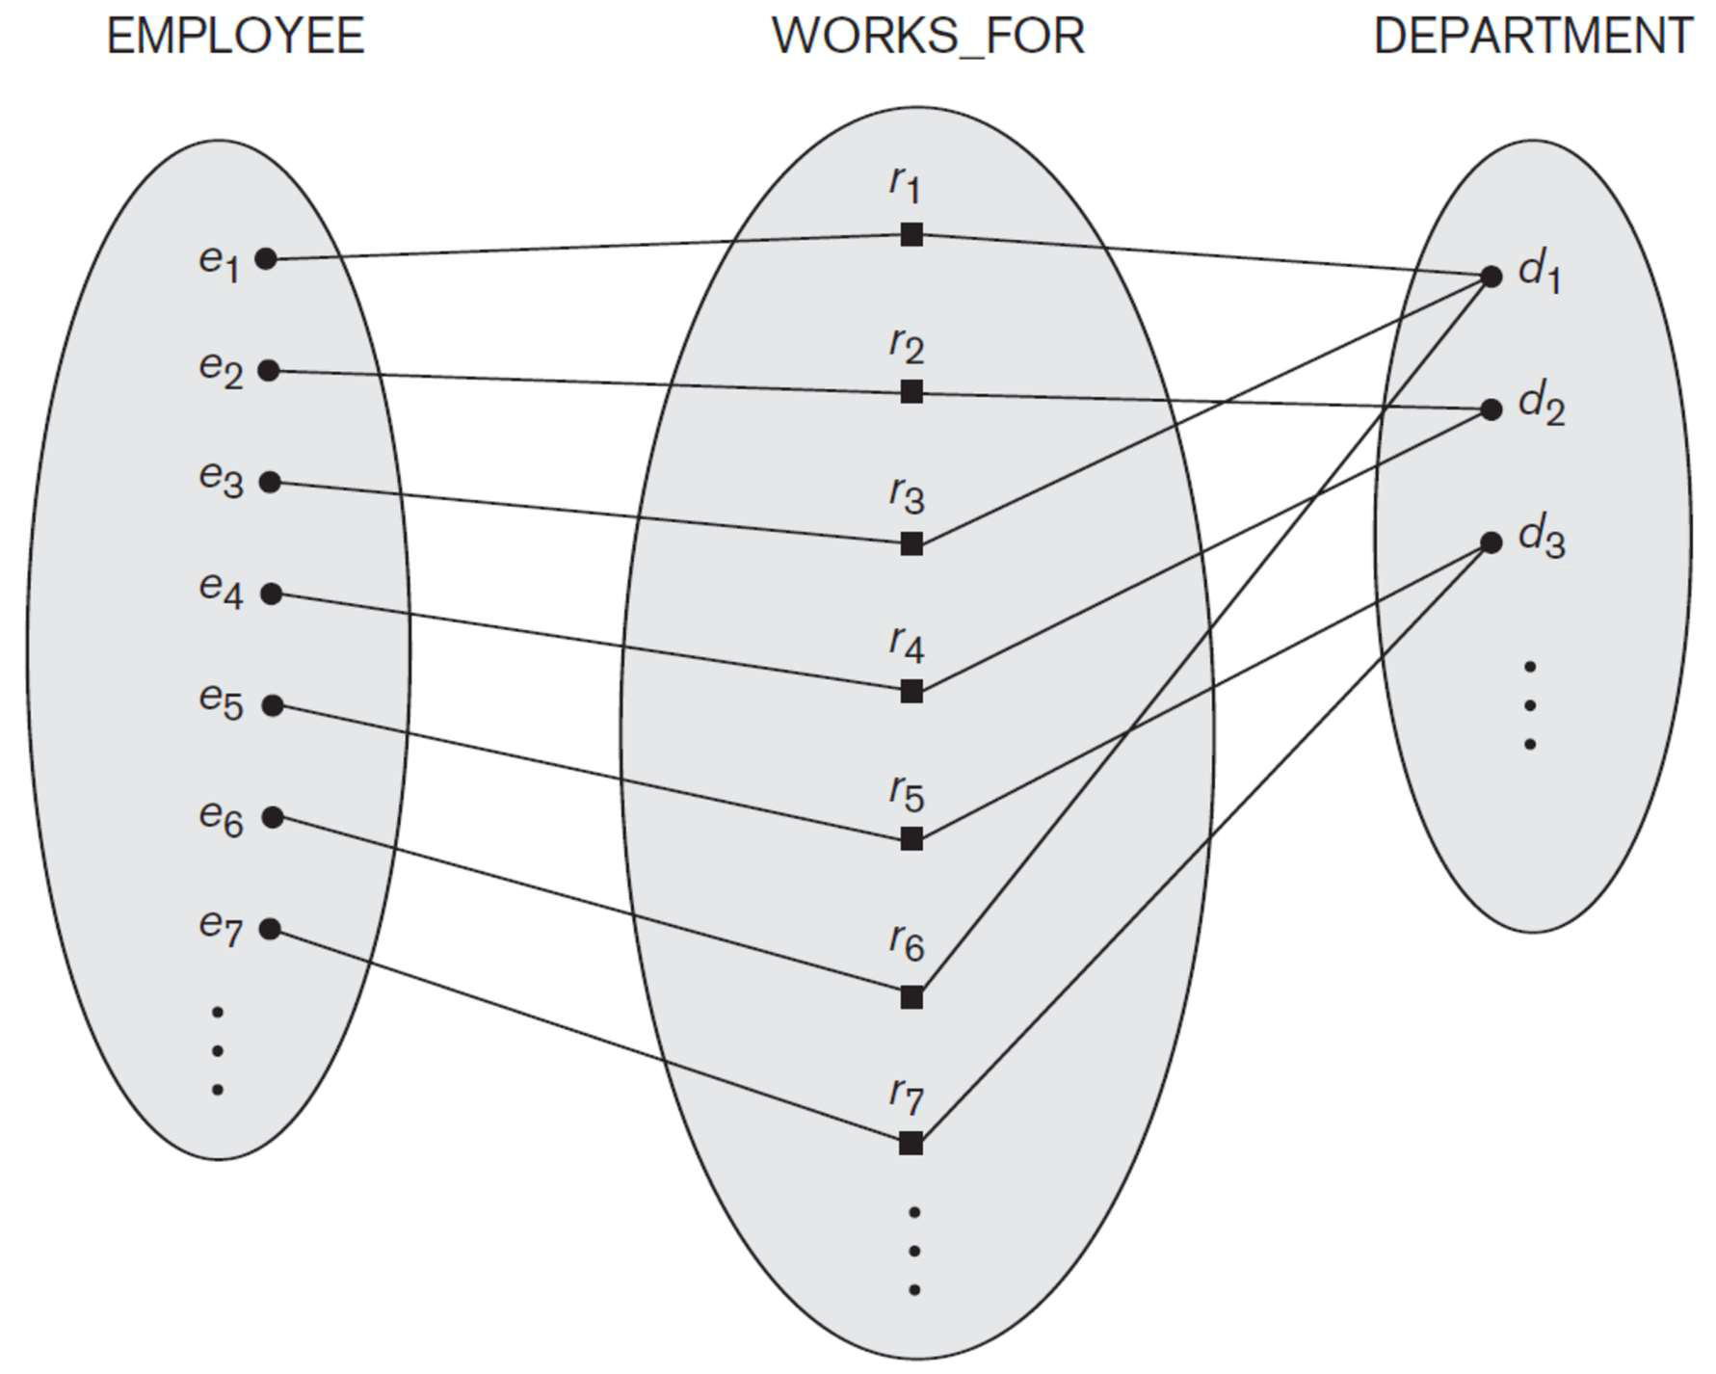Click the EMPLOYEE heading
click(235, 37)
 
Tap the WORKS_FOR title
click(928, 37)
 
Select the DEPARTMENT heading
click(1532, 37)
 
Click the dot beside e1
click(266, 258)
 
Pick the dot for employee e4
click(272, 594)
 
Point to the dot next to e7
click(271, 929)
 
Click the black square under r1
click(911, 234)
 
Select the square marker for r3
click(911, 543)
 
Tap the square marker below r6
click(911, 996)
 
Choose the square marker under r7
click(911, 1143)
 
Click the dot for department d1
click(1491, 277)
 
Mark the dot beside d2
click(1491, 410)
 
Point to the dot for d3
click(1491, 542)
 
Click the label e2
click(221, 368)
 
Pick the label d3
click(1541, 537)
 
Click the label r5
click(906, 793)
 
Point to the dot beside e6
click(273, 817)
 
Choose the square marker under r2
click(911, 391)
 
